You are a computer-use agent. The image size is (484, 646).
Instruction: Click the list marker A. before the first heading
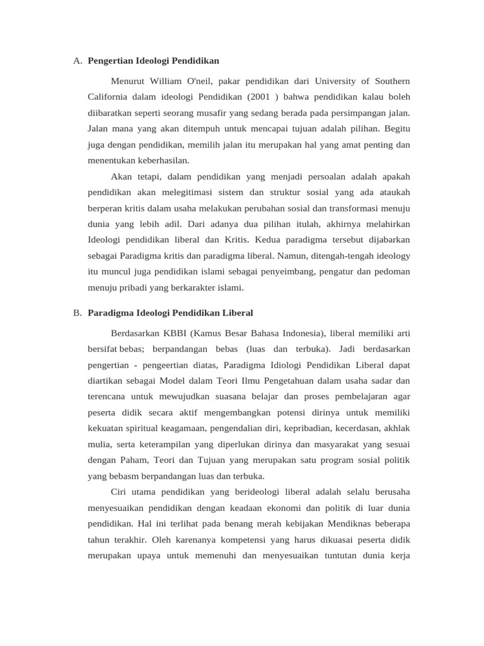click(78, 61)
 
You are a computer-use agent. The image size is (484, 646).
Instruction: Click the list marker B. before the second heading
click(78, 312)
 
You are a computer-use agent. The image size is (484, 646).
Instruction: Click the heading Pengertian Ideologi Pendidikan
click(153, 61)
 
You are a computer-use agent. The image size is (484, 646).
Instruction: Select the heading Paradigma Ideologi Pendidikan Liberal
click(170, 312)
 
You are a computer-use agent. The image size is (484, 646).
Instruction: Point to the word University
click(337, 81)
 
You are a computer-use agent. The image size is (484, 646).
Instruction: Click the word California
click(108, 97)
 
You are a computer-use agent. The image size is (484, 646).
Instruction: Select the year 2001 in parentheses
click(261, 97)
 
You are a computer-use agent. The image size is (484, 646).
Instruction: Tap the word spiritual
click(151, 428)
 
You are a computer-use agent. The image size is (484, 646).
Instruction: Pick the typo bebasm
click(121, 475)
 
